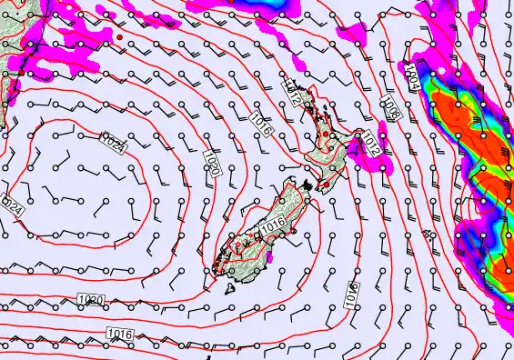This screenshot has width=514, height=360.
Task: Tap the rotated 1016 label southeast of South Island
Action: [351, 293]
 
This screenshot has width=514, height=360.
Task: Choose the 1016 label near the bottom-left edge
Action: [118, 335]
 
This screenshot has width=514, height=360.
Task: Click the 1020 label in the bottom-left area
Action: [91, 300]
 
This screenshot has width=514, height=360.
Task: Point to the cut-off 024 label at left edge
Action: [12, 205]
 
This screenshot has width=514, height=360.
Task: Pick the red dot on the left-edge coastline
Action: [5, 75]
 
